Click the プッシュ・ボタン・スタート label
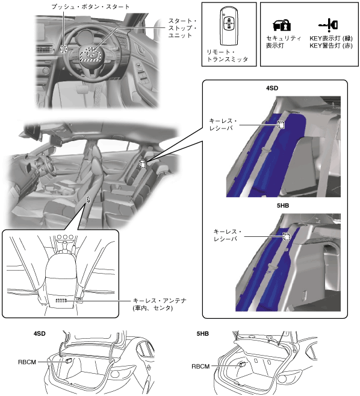[x=90, y=7]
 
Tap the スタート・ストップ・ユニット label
[x=182, y=28]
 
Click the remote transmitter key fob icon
[x=229, y=26]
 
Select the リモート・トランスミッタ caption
[x=227, y=56]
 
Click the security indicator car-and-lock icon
[x=282, y=25]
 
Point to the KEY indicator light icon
[x=328, y=25]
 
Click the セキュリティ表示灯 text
[x=284, y=42]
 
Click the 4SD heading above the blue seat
[x=272, y=88]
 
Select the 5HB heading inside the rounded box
[x=283, y=206]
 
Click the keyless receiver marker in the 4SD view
[x=281, y=125]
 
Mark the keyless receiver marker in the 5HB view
[x=286, y=236]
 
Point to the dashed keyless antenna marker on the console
[x=61, y=300]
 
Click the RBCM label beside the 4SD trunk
[x=27, y=362]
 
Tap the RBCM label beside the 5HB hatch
[x=200, y=366]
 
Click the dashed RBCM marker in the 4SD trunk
[x=69, y=361]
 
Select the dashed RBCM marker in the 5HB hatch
[x=243, y=365]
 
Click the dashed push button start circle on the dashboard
[x=64, y=49]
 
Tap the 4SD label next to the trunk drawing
[x=40, y=334]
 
